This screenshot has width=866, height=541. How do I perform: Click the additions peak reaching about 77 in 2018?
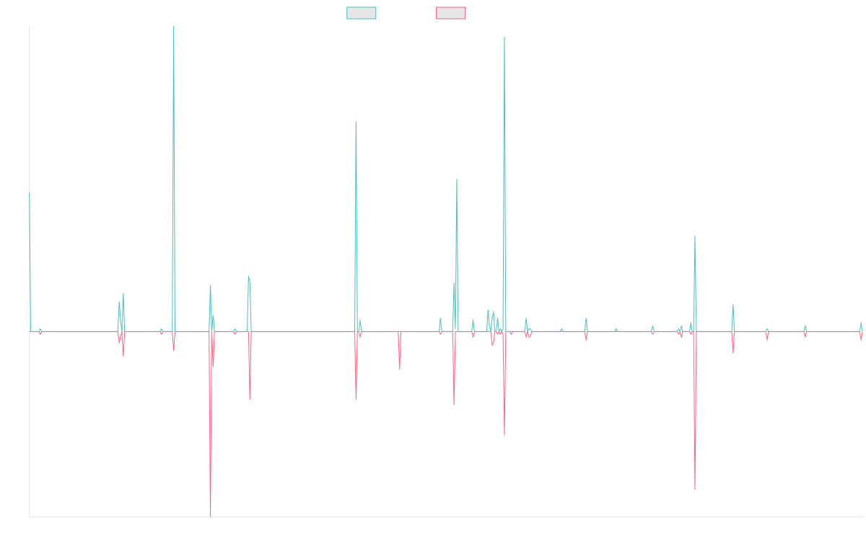click(356, 122)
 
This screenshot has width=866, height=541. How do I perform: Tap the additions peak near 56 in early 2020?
click(457, 179)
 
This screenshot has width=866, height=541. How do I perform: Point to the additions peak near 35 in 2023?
click(695, 237)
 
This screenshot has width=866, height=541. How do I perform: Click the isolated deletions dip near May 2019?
click(399, 368)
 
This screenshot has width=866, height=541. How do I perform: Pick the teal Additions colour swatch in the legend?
click(362, 13)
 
